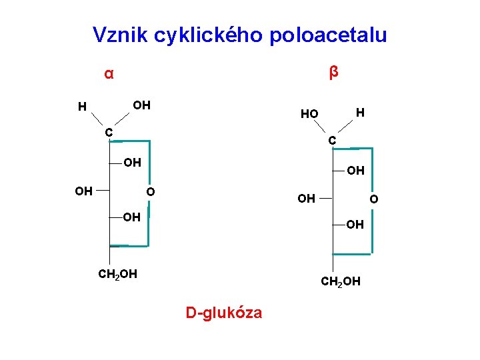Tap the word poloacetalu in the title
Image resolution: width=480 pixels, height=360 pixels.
pos(328,35)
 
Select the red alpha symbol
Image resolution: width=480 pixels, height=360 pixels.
pos(109,73)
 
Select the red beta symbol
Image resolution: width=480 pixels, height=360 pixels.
pos(334,71)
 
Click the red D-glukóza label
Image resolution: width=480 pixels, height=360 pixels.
pos(224,312)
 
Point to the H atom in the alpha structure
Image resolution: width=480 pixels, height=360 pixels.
pos(81,107)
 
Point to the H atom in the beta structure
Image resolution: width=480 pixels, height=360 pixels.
pos(360,113)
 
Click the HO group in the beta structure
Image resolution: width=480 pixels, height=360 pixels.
pos(309,114)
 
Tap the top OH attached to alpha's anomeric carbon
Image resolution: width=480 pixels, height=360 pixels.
pos(141,105)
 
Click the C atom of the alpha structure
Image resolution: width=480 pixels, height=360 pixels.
pos(108,131)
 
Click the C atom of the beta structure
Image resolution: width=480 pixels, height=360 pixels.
pos(332,141)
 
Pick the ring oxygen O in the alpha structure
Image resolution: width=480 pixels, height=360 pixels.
pos(151,192)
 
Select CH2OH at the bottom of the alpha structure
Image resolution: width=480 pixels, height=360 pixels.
pos(117,273)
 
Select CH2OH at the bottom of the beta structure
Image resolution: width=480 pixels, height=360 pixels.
pos(341,282)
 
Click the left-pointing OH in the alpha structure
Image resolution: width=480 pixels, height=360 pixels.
pos(84,191)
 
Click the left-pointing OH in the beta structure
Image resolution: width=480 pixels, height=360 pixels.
pos(307,199)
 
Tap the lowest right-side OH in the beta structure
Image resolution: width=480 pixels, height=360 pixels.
pos(355,225)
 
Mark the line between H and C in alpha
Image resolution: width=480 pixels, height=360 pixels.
pos(95,119)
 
